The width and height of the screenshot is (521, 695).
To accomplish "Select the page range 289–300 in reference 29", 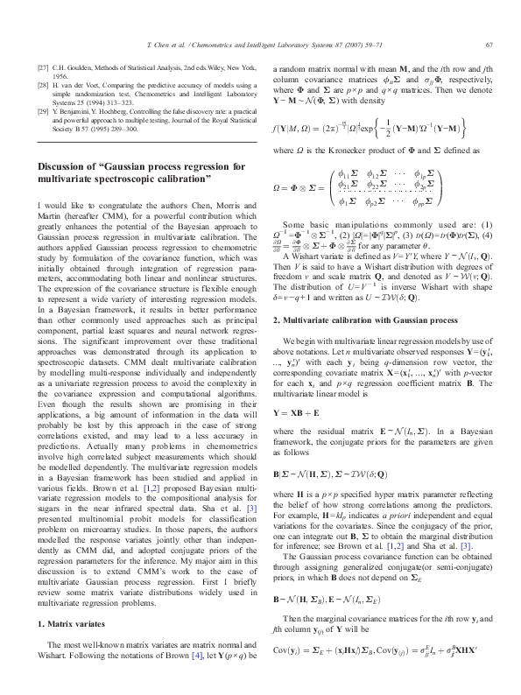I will [x=137, y=129].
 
